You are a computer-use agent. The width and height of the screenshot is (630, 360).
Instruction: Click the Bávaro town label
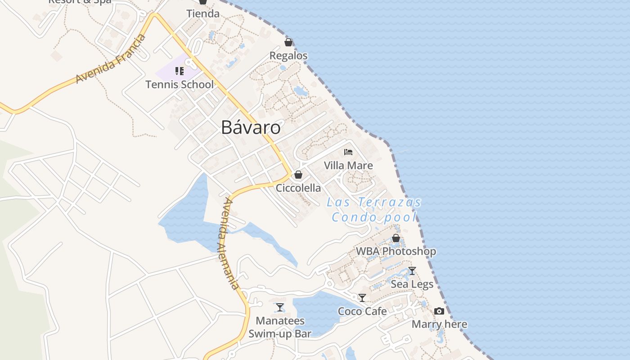[x=251, y=128]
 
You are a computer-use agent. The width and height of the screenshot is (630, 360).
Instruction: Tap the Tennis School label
[x=180, y=84]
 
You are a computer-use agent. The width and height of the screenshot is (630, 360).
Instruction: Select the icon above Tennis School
[x=180, y=71]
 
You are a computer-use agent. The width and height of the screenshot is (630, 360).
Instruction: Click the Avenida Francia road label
[x=111, y=59]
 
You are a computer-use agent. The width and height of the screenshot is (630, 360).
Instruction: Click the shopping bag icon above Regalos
[x=288, y=42]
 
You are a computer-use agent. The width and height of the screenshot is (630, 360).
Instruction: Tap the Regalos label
[x=288, y=56]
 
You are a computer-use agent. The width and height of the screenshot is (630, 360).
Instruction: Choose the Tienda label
[x=203, y=13]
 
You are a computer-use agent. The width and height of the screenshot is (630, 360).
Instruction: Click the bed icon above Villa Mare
[x=348, y=152]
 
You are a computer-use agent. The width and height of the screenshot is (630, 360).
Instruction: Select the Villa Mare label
[x=348, y=166]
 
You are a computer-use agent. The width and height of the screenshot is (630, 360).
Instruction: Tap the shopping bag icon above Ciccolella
[x=298, y=175]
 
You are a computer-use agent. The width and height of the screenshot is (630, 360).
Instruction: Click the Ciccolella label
[x=298, y=188]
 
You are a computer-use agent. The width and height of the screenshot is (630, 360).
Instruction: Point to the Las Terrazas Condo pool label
[x=374, y=210]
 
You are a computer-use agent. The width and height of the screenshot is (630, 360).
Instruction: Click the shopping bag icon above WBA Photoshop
[x=396, y=238]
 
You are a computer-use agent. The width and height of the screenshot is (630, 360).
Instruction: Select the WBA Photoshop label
[x=396, y=251]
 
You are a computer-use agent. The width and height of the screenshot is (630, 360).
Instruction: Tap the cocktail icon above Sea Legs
[x=412, y=271]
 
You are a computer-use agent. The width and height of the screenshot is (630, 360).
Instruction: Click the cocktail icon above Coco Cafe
[x=362, y=298]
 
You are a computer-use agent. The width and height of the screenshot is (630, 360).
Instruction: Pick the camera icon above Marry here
[x=439, y=311]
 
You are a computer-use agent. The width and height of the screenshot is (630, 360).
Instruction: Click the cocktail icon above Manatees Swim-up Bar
[x=280, y=307]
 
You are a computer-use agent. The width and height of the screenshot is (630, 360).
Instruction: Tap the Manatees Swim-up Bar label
[x=280, y=327]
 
